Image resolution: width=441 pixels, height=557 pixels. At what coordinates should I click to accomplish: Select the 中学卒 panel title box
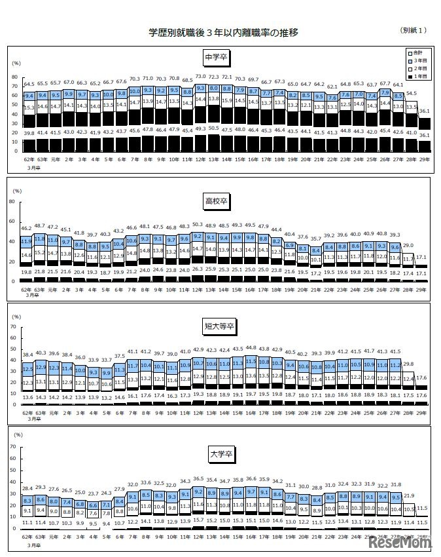pos(217,56)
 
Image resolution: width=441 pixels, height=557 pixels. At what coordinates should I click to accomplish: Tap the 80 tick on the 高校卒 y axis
pos(14,202)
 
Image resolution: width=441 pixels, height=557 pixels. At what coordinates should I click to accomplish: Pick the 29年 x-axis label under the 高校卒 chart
pos(423,287)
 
